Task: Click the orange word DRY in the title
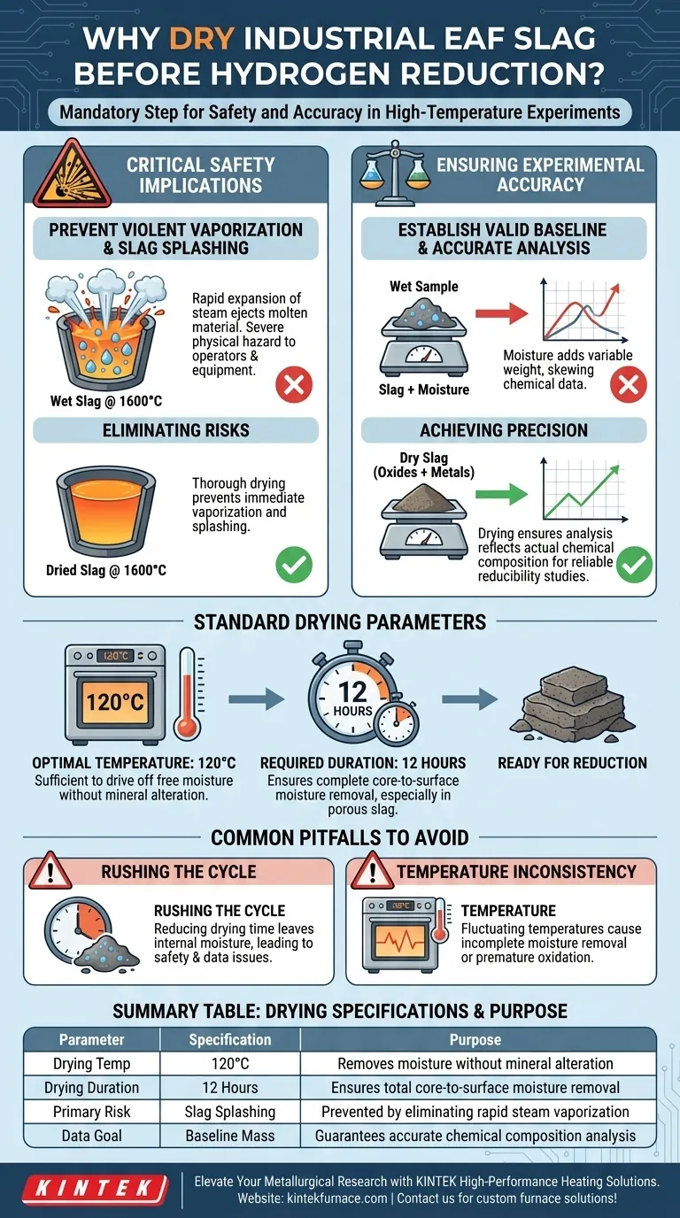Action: tap(201, 39)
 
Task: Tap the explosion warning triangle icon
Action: tap(73, 175)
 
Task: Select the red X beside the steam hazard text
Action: tap(294, 384)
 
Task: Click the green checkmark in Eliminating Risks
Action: tap(294, 565)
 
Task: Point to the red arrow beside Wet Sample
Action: tap(501, 313)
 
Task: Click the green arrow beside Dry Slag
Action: tap(501, 494)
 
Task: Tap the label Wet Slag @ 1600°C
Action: tap(106, 401)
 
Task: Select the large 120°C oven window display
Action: tap(115, 702)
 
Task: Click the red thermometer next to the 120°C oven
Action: tap(189, 693)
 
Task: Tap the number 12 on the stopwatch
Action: tap(352, 692)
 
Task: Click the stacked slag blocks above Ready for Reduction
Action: tap(572, 704)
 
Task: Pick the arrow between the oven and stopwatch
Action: tap(256, 698)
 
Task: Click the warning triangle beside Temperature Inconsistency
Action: tap(373, 870)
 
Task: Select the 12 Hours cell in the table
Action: tap(230, 1088)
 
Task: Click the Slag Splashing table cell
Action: tap(230, 1112)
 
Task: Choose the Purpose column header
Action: tap(475, 1040)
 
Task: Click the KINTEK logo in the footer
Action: tap(96, 1189)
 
